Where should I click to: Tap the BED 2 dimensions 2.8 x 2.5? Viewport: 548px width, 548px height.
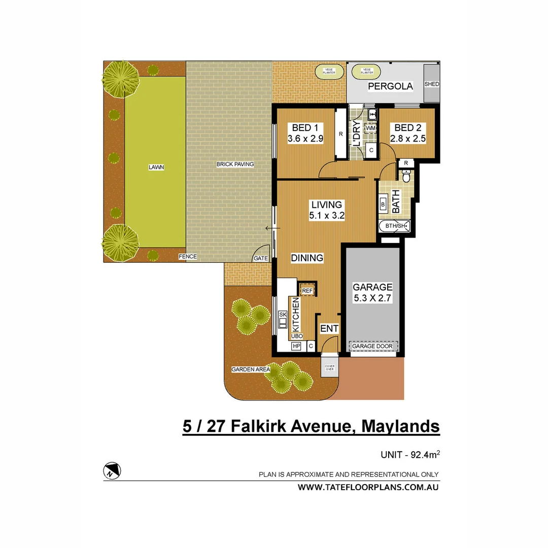click(x=407, y=138)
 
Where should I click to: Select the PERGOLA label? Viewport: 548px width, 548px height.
click(x=390, y=86)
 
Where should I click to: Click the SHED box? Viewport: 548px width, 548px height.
click(x=431, y=84)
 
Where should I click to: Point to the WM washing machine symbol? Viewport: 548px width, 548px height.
click(x=371, y=129)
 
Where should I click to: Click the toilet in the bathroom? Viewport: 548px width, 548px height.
click(x=406, y=176)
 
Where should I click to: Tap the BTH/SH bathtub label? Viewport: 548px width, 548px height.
click(x=394, y=226)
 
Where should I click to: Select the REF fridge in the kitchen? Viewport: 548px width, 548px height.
click(x=307, y=291)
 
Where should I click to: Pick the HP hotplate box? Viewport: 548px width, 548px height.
click(x=296, y=346)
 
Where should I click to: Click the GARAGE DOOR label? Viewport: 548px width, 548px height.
click(x=373, y=346)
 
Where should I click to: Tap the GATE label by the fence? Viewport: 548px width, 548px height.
click(x=261, y=258)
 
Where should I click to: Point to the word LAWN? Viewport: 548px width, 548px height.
click(x=156, y=167)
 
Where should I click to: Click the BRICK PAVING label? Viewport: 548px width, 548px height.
click(x=235, y=164)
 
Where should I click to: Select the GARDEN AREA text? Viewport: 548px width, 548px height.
click(x=250, y=369)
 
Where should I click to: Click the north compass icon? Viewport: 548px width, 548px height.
click(x=112, y=470)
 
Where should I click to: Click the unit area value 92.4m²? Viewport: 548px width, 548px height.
click(x=425, y=455)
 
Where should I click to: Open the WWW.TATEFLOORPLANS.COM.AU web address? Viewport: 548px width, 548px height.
click(x=368, y=487)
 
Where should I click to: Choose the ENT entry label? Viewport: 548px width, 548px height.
click(x=329, y=329)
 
